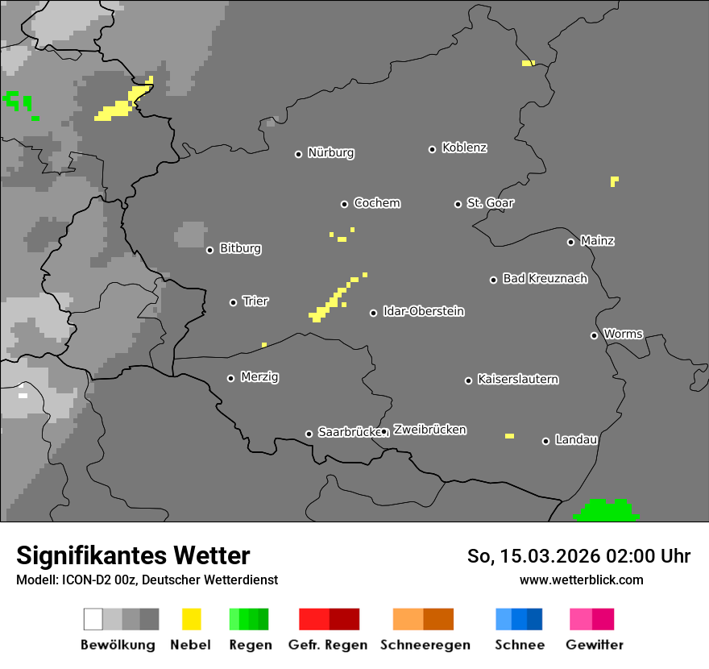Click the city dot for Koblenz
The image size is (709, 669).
click(x=433, y=149)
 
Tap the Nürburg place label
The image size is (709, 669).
click(x=331, y=153)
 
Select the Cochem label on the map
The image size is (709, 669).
click(x=377, y=203)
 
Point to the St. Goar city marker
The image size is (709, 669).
click(x=458, y=204)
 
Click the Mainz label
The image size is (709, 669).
click(x=597, y=241)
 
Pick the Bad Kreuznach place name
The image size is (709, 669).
click(x=545, y=279)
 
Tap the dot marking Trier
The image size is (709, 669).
click(x=234, y=302)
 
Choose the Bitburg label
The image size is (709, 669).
click(x=240, y=249)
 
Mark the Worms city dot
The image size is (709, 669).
click(x=595, y=335)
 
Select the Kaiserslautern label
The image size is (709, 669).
click(x=518, y=380)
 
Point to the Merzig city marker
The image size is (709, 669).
click(x=231, y=378)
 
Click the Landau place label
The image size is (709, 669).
click(x=576, y=440)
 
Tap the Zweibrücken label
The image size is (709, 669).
click(x=429, y=430)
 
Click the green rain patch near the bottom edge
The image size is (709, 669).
click(x=606, y=510)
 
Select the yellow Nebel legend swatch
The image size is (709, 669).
click(x=192, y=619)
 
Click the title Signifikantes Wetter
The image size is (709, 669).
click(x=133, y=556)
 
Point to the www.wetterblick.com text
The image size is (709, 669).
click(x=582, y=580)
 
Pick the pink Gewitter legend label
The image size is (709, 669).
click(x=595, y=645)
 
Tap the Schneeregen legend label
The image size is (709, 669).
click(x=425, y=645)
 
